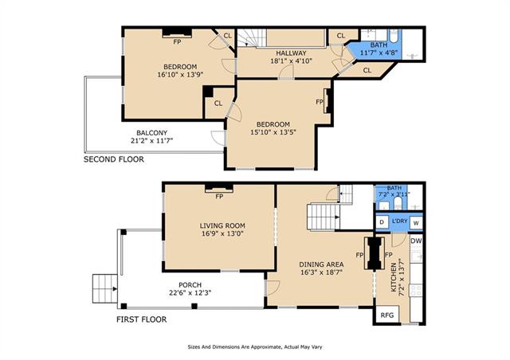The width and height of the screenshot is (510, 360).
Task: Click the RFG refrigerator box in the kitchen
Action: pyautogui.click(x=386, y=315)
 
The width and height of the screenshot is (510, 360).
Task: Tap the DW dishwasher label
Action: pyautogui.click(x=416, y=241)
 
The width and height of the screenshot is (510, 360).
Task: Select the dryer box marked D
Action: pyautogui.click(x=382, y=222)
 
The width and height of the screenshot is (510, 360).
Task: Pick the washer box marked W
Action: pyautogui.click(x=416, y=223)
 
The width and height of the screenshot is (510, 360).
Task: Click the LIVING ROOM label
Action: pyautogui.click(x=222, y=225)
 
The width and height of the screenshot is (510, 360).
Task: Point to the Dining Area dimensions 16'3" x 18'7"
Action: pyautogui.click(x=321, y=272)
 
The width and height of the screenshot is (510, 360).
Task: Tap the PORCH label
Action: pyautogui.click(x=190, y=285)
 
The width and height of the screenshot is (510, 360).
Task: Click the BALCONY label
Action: pyautogui.click(x=151, y=133)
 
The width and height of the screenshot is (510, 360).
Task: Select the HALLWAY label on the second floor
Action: pyautogui.click(x=291, y=53)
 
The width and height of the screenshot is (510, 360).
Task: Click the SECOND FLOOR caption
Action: pyautogui.click(x=114, y=159)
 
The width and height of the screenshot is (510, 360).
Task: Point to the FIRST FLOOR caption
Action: pyautogui.click(x=142, y=319)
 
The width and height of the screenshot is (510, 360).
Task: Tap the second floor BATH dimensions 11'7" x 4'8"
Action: pyautogui.click(x=379, y=52)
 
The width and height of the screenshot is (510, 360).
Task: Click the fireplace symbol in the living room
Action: pyautogui.click(x=219, y=188)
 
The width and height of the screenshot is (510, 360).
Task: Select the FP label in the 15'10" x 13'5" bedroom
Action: pyautogui.click(x=320, y=102)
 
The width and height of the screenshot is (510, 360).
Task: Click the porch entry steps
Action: pyautogui.click(x=104, y=289)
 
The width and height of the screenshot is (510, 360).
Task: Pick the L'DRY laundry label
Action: pyautogui.click(x=399, y=221)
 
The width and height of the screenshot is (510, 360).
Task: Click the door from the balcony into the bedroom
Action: pyautogui.click(x=218, y=138)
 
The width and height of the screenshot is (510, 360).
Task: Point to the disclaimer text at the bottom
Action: pyautogui.click(x=255, y=347)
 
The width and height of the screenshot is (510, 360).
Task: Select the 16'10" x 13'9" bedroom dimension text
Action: pyautogui.click(x=180, y=74)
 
